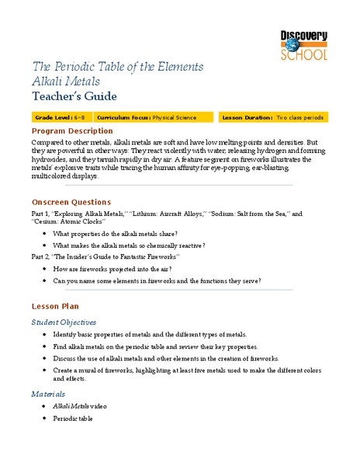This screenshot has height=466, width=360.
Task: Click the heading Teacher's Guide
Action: tap(74, 96)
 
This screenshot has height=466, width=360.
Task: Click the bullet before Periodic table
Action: tap(45, 419)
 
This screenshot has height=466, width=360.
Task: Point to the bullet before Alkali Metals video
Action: tap(45, 406)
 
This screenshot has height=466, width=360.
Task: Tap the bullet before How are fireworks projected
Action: tap(45, 267)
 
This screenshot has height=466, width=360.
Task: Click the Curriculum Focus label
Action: tap(121, 117)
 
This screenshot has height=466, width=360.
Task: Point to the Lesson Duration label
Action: tap(247, 117)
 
